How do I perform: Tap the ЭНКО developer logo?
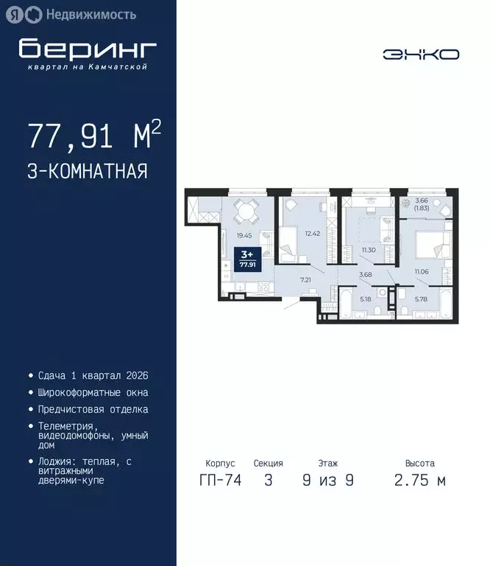click(x=421, y=54)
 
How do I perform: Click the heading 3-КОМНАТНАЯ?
click(x=88, y=172)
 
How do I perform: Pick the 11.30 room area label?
click(x=368, y=250)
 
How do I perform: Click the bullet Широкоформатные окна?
click(x=93, y=392)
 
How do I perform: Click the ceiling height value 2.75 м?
click(x=420, y=481)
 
